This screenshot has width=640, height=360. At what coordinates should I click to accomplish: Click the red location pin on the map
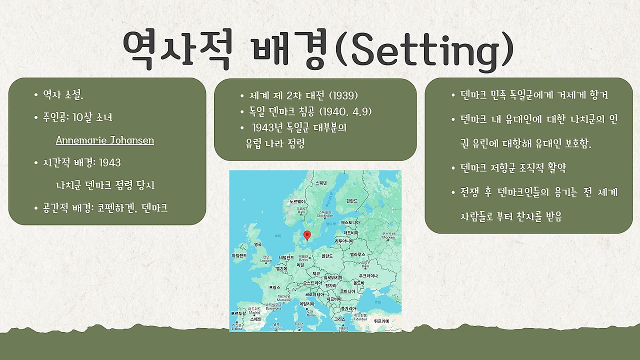[x=307, y=234]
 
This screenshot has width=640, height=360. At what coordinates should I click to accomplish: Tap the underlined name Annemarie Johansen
[x=104, y=140]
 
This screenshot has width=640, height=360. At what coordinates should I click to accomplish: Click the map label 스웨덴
[x=321, y=183]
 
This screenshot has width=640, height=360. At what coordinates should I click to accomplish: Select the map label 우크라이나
[x=368, y=276]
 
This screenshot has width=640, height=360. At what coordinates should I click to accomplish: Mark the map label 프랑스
[x=275, y=287]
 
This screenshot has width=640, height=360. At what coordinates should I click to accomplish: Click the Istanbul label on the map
[x=360, y=317]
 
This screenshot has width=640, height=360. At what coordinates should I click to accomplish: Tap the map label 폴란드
[x=327, y=255]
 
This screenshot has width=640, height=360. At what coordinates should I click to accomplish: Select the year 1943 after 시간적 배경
[x=109, y=162]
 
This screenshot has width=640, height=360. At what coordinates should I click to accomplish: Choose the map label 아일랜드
[x=239, y=255]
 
